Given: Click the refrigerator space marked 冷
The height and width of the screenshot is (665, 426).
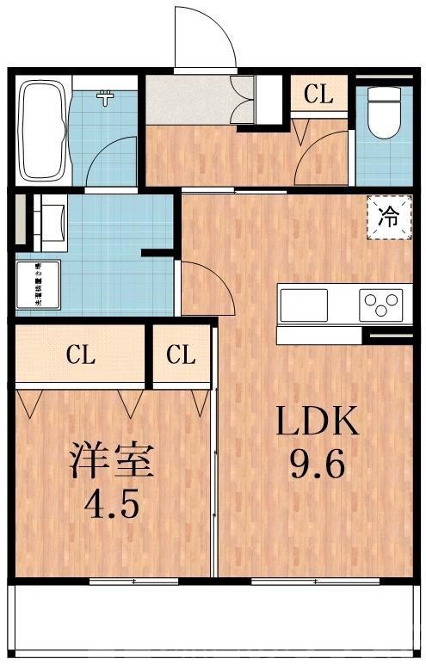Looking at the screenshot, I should [388, 215].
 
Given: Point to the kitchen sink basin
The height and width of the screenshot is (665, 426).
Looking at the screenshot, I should [303, 305].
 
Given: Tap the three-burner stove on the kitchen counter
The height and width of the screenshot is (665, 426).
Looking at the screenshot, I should [381, 305].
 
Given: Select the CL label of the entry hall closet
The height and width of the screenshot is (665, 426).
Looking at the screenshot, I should [318, 95].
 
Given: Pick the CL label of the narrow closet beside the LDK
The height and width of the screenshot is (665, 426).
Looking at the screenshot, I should [181, 354].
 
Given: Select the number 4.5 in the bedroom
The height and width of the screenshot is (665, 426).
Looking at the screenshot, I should [112, 504].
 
